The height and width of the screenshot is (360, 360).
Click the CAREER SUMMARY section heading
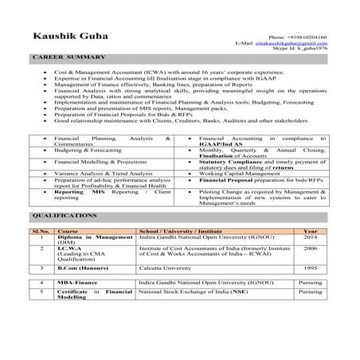click(x=68, y=59)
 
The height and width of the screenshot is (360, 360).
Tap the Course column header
click(x=68, y=231)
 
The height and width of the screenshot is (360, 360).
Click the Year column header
click(x=310, y=231)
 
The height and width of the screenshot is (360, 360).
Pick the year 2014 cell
click(x=310, y=238)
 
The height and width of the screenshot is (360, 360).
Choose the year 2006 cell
click(x=310, y=248)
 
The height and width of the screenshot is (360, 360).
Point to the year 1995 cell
click(x=310, y=268)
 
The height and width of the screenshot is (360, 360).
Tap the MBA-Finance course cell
click(x=78, y=283)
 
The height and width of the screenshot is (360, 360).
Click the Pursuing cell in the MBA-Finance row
click(x=310, y=283)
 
